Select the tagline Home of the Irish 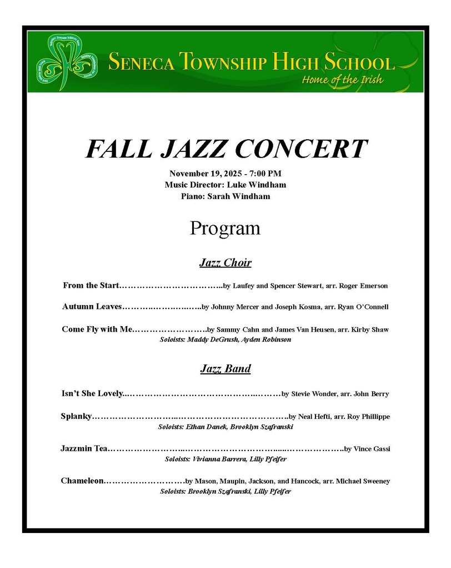click(342, 79)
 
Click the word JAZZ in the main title click(196, 149)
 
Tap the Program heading click(225, 228)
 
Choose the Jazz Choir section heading click(225, 262)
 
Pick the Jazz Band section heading click(225, 368)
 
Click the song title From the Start click(91, 286)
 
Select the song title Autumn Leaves click(92, 306)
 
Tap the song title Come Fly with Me click(98, 329)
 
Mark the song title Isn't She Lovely click(91, 394)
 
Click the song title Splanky click(76, 416)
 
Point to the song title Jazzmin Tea click(84, 448)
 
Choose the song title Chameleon click(82, 480)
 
